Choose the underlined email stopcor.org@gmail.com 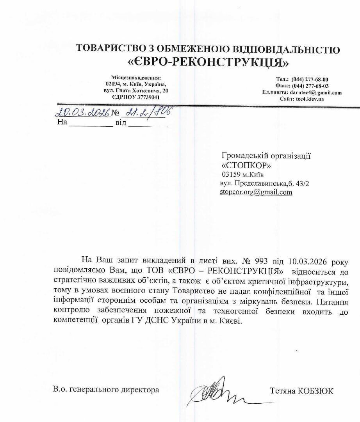[x=256, y=192]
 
